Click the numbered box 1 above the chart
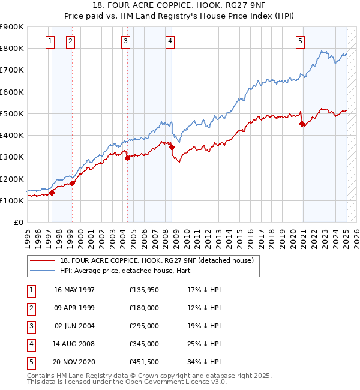click(x=49, y=41)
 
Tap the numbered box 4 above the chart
click(x=170, y=41)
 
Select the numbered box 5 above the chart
click(x=300, y=41)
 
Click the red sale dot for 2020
click(x=302, y=124)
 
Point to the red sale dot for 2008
click(x=172, y=147)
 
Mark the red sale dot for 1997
click(x=52, y=193)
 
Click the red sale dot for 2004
click(x=127, y=158)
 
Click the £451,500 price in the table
click(x=145, y=362)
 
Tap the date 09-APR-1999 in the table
click(x=74, y=308)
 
